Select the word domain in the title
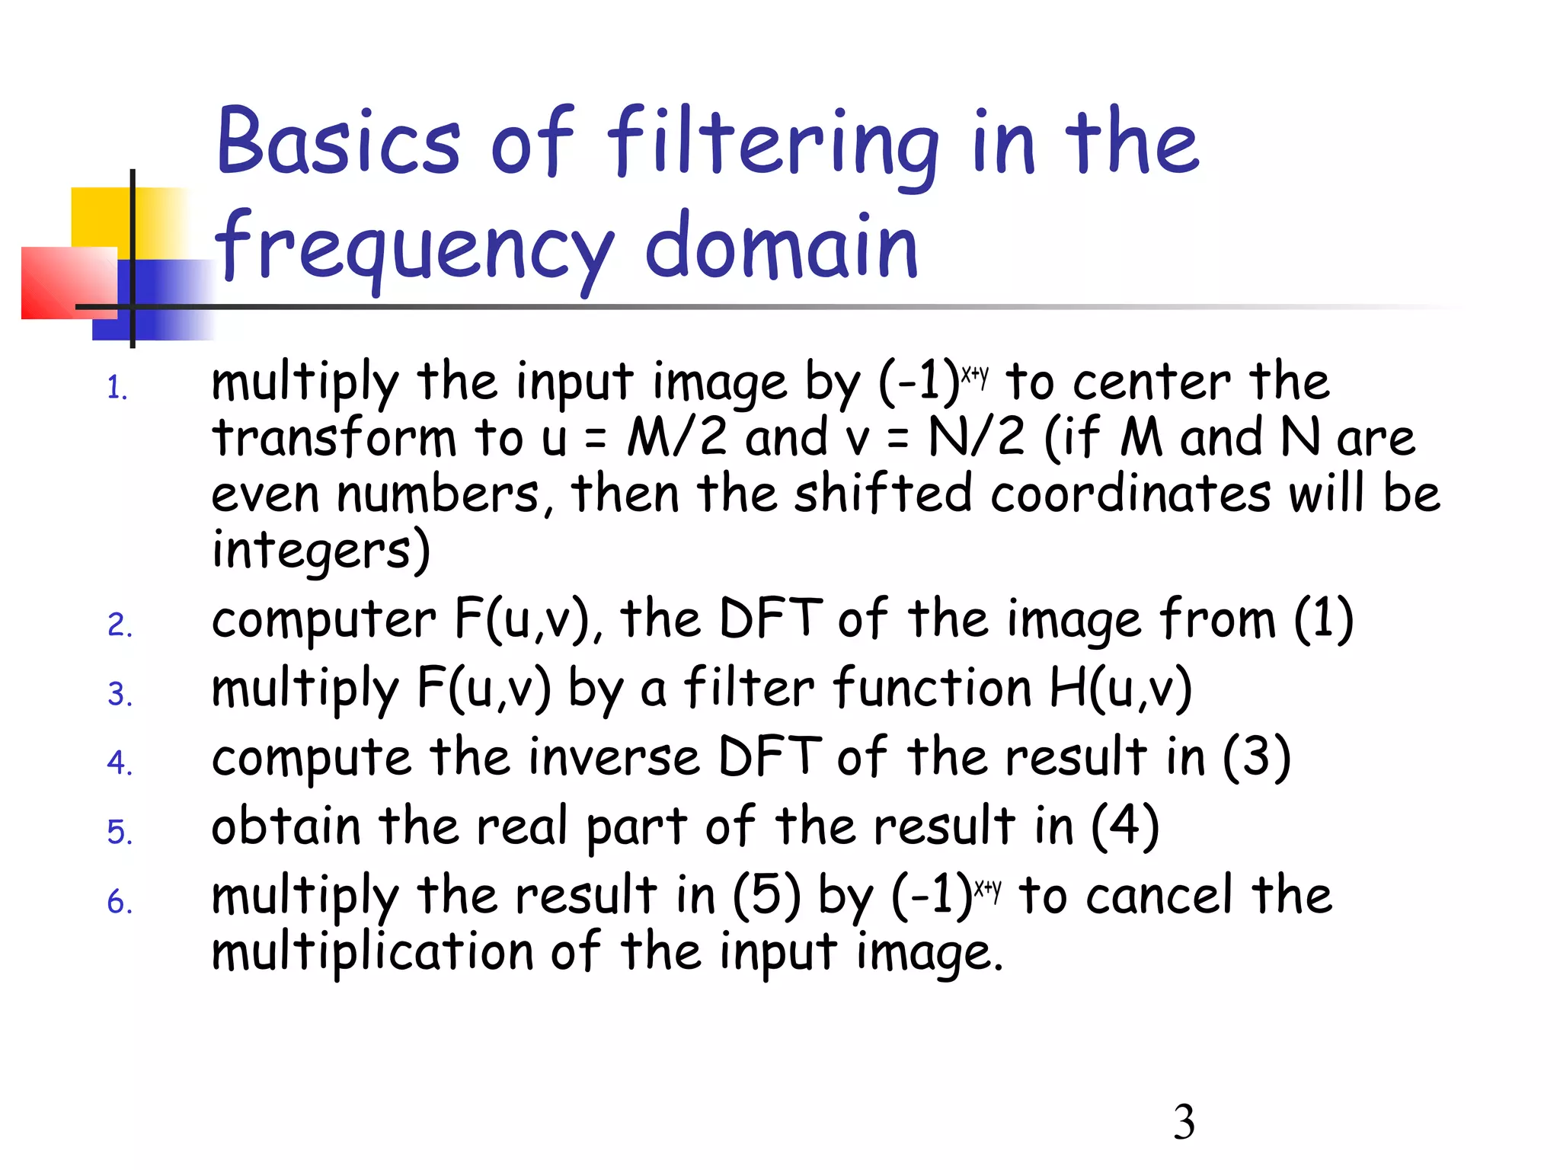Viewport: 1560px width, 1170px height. pyautogui.click(x=781, y=245)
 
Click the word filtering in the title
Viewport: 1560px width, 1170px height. pyautogui.click(x=772, y=145)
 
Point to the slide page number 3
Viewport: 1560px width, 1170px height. pyautogui.click(x=1184, y=1122)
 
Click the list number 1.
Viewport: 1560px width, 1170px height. pyautogui.click(x=117, y=388)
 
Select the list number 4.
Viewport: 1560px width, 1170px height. pyautogui.click(x=120, y=762)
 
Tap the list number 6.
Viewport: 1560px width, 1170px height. pyautogui.click(x=120, y=902)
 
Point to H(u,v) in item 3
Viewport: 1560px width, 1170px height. pyautogui.click(x=1120, y=688)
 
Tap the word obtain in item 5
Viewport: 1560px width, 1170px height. pyautogui.click(x=286, y=826)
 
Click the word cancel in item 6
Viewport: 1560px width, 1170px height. pyautogui.click(x=1159, y=895)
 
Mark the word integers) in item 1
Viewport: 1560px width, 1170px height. pyautogui.click(x=321, y=551)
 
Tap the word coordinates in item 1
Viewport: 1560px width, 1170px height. pyautogui.click(x=1130, y=494)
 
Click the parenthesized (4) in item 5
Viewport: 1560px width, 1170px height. pyautogui.click(x=1124, y=826)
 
